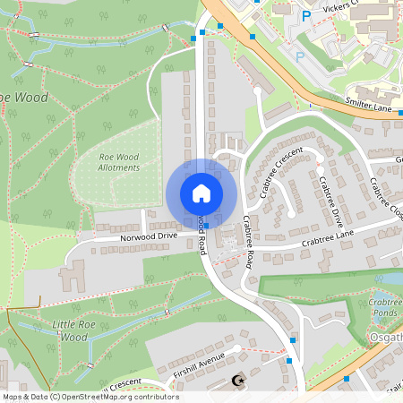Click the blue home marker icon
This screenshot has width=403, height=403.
click(201, 193)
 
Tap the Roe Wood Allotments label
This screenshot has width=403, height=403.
click(118, 162)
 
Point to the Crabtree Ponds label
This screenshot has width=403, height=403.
click(384, 309)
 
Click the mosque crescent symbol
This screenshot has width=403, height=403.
click(237, 382)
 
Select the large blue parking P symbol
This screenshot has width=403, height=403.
click(305, 16)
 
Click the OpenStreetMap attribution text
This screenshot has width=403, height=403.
click(90, 396)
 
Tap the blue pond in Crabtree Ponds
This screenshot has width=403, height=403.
click(387, 296)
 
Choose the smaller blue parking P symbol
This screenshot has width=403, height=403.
click(300, 56)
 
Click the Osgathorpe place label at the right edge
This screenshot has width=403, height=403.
click(386, 337)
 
